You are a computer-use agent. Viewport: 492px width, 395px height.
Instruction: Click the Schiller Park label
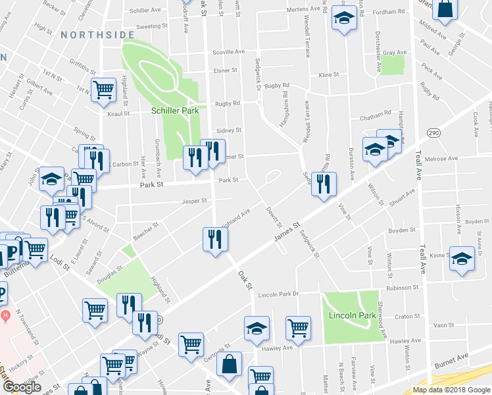point(175,111)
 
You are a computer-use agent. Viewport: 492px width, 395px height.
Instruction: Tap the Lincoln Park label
point(352,316)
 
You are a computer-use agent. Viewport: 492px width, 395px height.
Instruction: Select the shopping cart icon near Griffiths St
point(103,89)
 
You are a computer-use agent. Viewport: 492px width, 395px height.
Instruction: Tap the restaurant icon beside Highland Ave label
point(214,240)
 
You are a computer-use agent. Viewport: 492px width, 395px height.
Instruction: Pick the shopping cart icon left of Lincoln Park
point(299,327)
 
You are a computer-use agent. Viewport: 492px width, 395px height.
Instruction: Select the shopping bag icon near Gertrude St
point(230,364)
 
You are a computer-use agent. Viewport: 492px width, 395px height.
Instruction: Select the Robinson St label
point(402,288)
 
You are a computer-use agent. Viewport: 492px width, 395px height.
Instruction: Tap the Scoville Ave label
point(228,51)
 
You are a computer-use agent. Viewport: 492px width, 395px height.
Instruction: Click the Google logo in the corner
point(21,388)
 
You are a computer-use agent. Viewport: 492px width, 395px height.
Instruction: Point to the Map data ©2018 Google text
point(451,390)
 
